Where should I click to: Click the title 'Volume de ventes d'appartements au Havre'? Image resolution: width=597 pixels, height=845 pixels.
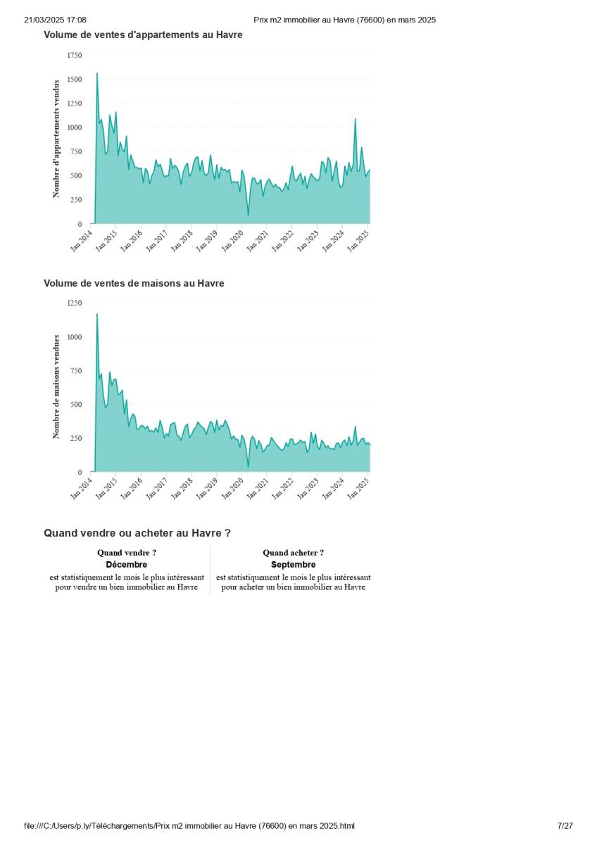coord(143,35)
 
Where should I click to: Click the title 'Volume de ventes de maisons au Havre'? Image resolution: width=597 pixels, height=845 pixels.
coord(134,283)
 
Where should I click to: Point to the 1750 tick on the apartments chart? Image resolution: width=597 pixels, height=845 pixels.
coord(74,55)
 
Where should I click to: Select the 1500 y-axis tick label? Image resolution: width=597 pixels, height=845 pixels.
coord(74,80)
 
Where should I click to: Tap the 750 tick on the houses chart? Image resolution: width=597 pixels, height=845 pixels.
coord(76,370)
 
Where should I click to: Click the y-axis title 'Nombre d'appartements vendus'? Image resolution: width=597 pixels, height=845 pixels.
coord(56,139)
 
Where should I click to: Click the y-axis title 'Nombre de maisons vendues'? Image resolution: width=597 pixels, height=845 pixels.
coord(56,387)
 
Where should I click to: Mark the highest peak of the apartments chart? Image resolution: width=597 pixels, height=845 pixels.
coord(97,74)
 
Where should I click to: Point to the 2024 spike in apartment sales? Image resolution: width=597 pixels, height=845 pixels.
coord(355,120)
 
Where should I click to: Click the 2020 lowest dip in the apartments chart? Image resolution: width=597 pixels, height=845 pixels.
coord(248,214)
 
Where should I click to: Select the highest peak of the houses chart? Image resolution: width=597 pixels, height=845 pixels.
coord(97,315)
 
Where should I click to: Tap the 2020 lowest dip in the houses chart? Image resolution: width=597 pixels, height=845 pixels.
coord(248,466)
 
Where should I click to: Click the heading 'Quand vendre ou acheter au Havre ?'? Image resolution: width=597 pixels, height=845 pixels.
coord(137,533)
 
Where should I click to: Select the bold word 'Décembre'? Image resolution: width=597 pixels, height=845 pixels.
coord(127,565)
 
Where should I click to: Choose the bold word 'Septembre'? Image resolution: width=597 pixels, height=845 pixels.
coord(293,565)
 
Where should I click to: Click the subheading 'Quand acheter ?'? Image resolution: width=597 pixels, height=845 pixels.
coord(293,553)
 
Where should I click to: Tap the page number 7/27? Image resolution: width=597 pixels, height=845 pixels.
coord(565,825)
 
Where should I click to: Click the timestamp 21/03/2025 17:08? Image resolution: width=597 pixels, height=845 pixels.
coord(55,20)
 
